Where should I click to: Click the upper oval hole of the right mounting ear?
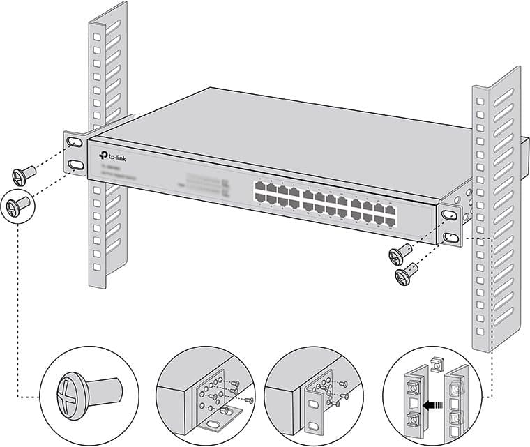(448, 214)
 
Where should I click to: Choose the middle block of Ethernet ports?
(326, 202)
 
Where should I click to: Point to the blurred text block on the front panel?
(202, 183)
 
